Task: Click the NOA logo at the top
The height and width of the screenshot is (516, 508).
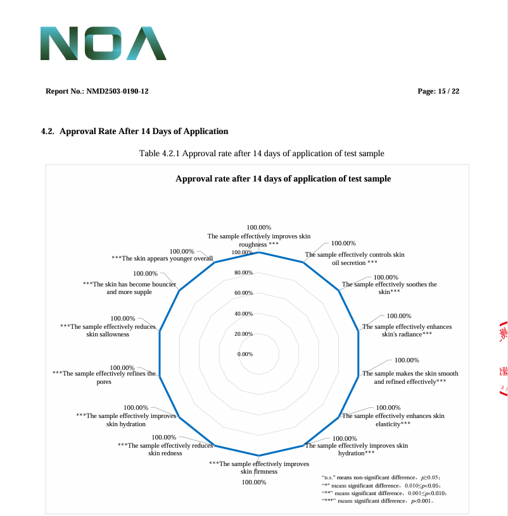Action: point(103,44)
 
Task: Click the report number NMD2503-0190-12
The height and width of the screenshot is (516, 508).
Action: point(97,92)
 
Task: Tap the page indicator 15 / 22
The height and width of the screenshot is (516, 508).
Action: point(438,92)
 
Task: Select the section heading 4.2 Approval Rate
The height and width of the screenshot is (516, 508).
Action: point(134,132)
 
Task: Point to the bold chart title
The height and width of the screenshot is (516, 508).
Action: point(283,179)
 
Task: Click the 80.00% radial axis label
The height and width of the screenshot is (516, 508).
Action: point(244,273)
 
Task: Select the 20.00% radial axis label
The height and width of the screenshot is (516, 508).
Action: point(244,334)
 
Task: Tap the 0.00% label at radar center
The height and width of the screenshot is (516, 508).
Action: point(245,354)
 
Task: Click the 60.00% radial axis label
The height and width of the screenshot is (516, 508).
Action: point(244,293)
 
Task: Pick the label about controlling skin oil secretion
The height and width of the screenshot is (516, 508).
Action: point(355,259)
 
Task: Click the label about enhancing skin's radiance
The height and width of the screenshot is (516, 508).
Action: point(407,330)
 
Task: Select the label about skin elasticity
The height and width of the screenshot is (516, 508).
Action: point(393,419)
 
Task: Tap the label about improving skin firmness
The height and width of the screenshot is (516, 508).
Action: point(259,467)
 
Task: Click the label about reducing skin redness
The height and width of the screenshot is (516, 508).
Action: point(165,449)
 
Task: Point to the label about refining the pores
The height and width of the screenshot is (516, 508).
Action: point(104,378)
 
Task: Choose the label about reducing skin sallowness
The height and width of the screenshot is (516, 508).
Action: point(108,330)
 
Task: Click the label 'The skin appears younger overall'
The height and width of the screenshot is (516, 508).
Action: point(162,259)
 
